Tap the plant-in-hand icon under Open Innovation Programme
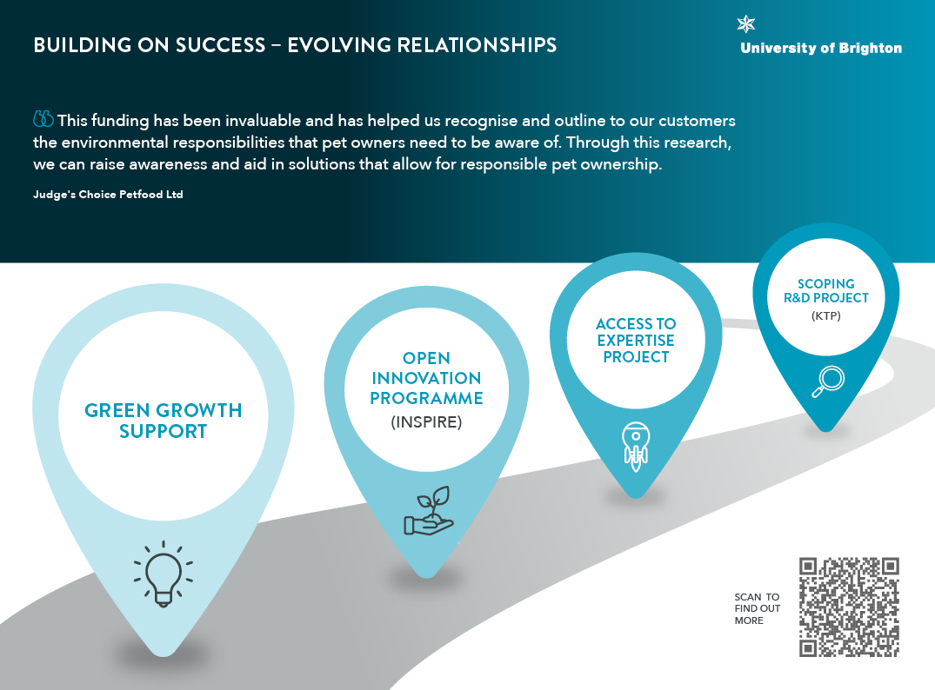(x=429, y=511)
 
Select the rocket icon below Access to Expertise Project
(x=636, y=447)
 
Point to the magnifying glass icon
(x=828, y=381)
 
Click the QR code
(x=849, y=607)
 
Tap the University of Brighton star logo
(x=746, y=24)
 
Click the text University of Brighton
(x=821, y=49)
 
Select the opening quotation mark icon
(x=43, y=118)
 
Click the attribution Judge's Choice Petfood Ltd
(x=108, y=195)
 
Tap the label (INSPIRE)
(x=426, y=421)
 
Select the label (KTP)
(x=826, y=315)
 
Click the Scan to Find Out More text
(x=758, y=608)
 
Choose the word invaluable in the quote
(x=263, y=121)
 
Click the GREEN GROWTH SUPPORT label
(x=164, y=421)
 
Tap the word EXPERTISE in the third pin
(x=636, y=341)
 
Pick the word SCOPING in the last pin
(x=826, y=283)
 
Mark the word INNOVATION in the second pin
(x=426, y=378)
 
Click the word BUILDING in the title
(x=83, y=45)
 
